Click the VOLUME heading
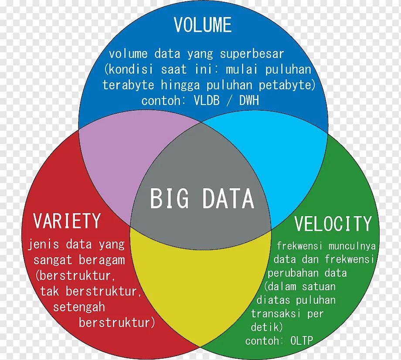(203, 25)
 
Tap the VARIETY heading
(67, 221)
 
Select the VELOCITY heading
(333, 224)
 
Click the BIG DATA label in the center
(202, 199)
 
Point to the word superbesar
(252, 54)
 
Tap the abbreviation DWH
(249, 101)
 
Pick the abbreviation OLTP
(302, 340)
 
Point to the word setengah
(79, 307)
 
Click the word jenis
(43, 245)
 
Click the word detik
(267, 327)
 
